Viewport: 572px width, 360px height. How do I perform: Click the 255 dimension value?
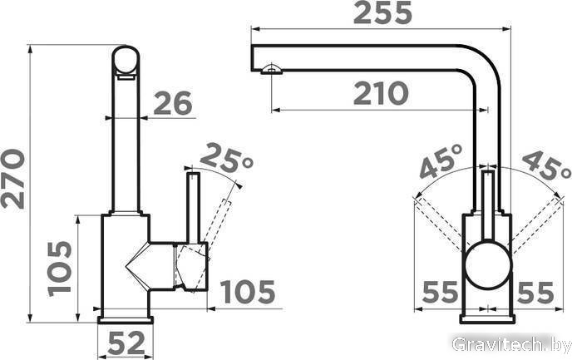(382, 13)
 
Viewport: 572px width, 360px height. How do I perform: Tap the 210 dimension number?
(381, 93)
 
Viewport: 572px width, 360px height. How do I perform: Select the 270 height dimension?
(13, 179)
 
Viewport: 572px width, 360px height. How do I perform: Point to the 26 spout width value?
(173, 103)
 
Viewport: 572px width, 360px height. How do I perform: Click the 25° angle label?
(226, 158)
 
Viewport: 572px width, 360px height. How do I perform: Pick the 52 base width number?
(126, 343)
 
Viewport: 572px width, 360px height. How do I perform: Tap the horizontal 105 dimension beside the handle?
(249, 292)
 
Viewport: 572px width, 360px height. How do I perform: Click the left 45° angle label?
(441, 160)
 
